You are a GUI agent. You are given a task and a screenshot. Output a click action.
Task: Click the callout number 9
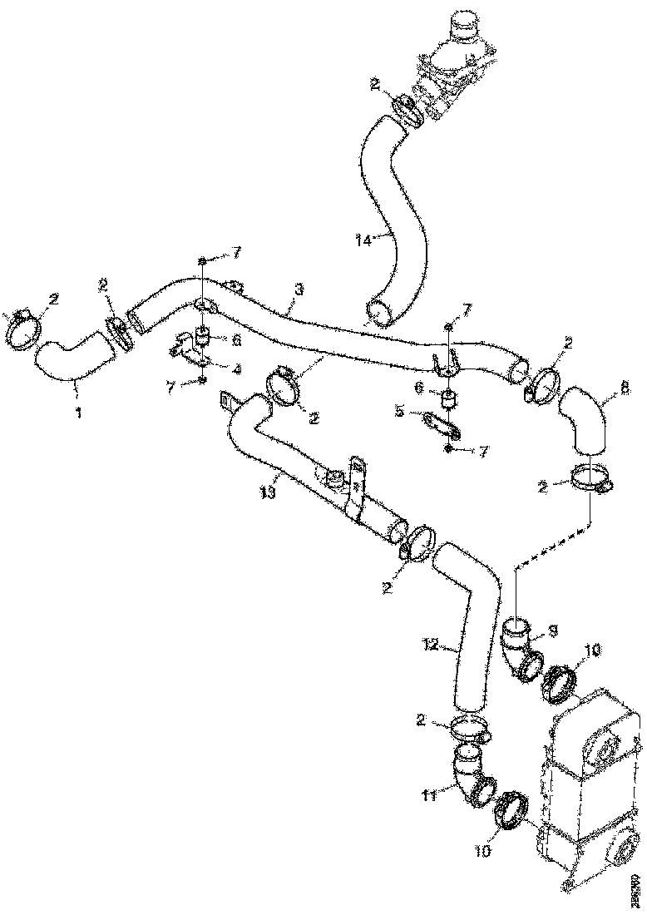(552, 631)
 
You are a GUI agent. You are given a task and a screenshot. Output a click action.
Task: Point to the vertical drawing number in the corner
(635, 889)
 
